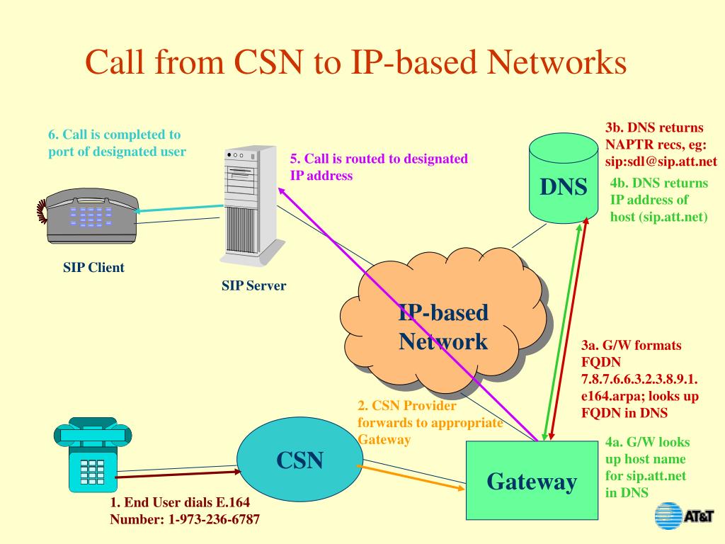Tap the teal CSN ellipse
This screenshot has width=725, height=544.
[x=299, y=460]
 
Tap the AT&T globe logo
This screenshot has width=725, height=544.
[x=666, y=516]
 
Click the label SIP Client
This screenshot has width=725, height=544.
[x=93, y=268]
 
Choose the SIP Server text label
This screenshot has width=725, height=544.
[x=253, y=286]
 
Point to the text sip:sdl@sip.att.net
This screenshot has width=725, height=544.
[x=661, y=161]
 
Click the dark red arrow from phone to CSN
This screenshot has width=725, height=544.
[x=177, y=473]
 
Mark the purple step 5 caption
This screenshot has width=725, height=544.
[x=379, y=167]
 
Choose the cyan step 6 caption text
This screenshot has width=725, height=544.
[x=117, y=142]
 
